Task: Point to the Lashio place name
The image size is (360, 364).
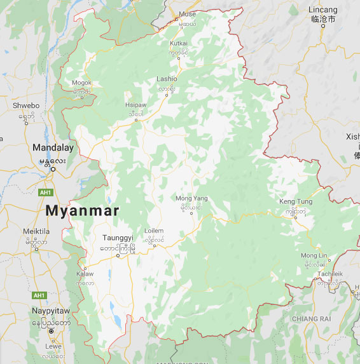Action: point(167,79)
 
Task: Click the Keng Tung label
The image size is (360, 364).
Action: point(296,202)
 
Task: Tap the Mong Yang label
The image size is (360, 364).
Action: point(191,198)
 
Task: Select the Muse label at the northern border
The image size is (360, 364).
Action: point(188,13)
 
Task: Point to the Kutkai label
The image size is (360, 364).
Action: point(179,43)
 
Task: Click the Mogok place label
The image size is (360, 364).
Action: point(81,83)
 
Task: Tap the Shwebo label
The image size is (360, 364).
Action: point(26,105)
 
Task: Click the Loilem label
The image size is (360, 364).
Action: point(154,231)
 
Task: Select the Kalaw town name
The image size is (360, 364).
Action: point(85,274)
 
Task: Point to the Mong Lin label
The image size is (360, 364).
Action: point(314,255)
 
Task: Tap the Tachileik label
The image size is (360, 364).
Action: point(329,273)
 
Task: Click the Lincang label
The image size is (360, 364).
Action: point(323,10)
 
